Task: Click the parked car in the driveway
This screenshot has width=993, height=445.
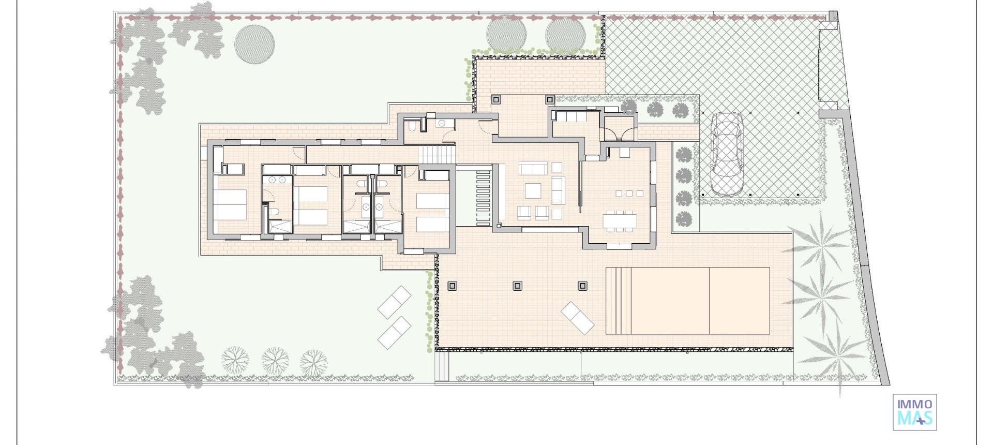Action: pyautogui.click(x=727, y=154)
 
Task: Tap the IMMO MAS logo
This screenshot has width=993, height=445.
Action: pyautogui.click(x=914, y=412)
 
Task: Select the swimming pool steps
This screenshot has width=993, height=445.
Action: pyautogui.click(x=620, y=301)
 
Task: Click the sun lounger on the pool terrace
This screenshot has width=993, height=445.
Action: pyautogui.click(x=578, y=317)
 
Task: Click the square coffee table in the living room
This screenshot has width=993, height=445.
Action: pyautogui.click(x=533, y=190)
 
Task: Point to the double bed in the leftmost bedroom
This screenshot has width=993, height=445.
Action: pyautogui.click(x=231, y=205)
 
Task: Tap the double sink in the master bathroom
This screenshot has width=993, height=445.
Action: pyautogui.click(x=277, y=180)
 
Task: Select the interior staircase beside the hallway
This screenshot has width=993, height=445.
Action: pyautogui.click(x=437, y=154)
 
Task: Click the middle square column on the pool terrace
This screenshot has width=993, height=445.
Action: pyautogui.click(x=517, y=286)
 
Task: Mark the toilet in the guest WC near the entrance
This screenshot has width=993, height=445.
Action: pyautogui.click(x=412, y=126)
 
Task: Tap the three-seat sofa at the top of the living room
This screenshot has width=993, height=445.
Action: pyautogui.click(x=533, y=169)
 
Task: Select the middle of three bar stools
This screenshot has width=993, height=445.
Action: pyautogui.click(x=629, y=194)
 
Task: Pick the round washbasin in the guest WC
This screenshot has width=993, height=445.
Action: pyautogui.click(x=442, y=123)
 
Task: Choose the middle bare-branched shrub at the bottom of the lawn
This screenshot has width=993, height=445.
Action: pyautogui.click(x=275, y=360)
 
